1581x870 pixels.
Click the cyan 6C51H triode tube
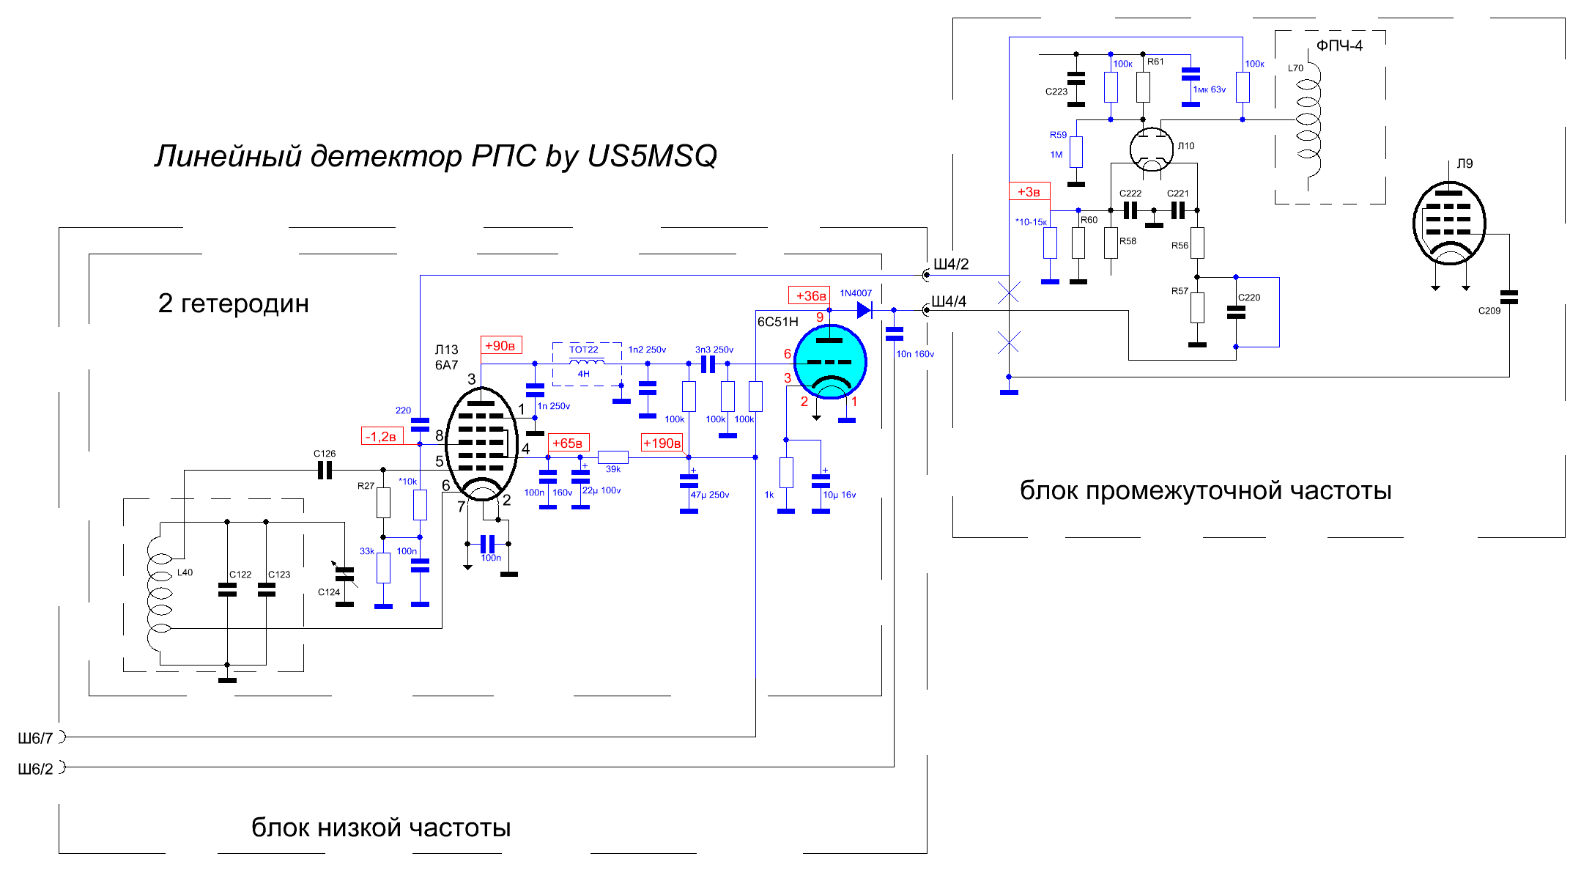coord(830,362)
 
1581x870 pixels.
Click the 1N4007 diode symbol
coord(864,310)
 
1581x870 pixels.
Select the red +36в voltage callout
coord(809,295)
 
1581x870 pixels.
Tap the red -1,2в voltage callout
coord(382,436)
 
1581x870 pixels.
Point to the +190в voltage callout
coord(662,443)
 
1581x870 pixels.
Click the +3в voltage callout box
coord(1029,192)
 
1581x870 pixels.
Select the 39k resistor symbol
coord(613,457)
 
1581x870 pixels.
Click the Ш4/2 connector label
coord(951,264)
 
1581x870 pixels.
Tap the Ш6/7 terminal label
coord(35,738)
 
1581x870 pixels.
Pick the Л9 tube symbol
coord(1449,223)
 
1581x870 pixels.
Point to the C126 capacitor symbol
coord(325,471)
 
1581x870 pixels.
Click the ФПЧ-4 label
coord(1339,45)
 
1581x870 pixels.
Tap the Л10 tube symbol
coord(1152,149)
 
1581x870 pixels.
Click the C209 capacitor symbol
coord(1509,297)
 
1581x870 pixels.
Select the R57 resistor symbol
coord(1197,308)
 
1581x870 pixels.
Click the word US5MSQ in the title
coord(652,156)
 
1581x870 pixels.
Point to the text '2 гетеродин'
coord(233,303)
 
